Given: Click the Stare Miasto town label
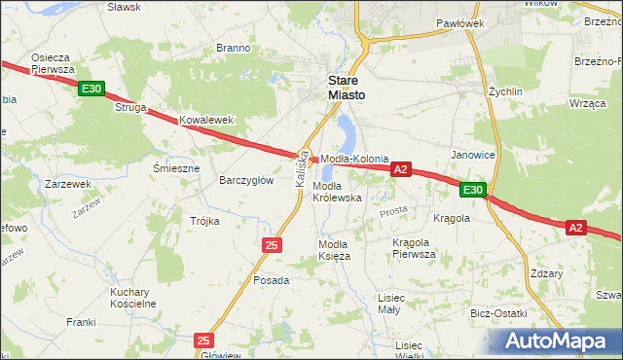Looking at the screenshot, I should pos(346,87).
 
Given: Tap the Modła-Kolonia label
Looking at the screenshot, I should pos(355,158).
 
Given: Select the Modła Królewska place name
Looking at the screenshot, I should pos(337,191).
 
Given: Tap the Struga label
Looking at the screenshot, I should pos(130,108).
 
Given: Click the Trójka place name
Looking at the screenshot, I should pos(204,221).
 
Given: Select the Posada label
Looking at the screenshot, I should pos(272,280).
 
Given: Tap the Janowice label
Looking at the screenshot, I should pos(473,155).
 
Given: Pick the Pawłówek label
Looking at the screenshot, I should pos(459,22).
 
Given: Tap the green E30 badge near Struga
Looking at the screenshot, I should pos(92,90).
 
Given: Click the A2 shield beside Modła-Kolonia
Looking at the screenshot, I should pos(400,169).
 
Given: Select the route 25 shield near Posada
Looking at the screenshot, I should pos(272,245).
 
